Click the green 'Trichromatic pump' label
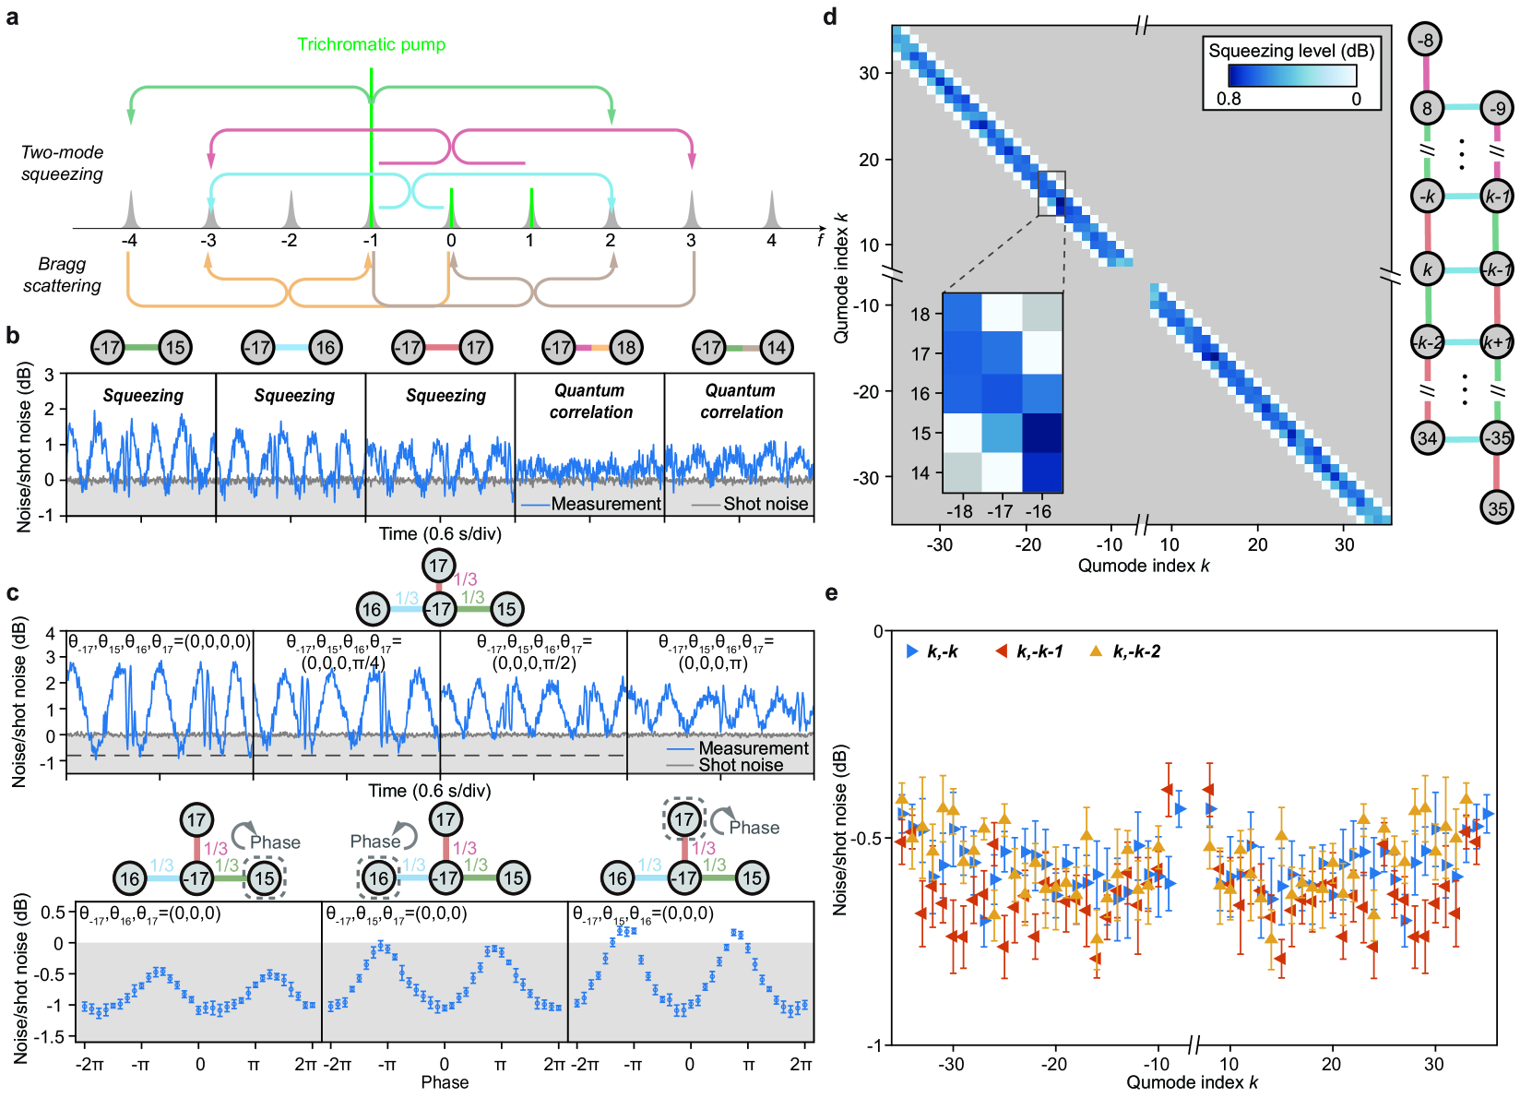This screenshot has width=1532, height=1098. (x=371, y=44)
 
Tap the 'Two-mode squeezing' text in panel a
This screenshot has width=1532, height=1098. (x=62, y=163)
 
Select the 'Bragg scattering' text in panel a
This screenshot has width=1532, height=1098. (x=62, y=275)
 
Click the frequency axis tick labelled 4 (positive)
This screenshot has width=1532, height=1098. (x=771, y=241)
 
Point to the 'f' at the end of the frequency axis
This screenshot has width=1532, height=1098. (x=820, y=240)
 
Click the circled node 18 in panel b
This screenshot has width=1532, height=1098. (x=626, y=348)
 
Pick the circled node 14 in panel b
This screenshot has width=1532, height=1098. (x=777, y=348)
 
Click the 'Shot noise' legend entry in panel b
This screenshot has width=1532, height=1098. (x=765, y=504)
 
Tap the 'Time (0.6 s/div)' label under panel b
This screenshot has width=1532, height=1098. (x=440, y=533)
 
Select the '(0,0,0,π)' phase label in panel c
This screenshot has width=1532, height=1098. (x=713, y=662)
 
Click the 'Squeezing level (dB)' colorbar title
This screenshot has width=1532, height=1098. (x=1291, y=51)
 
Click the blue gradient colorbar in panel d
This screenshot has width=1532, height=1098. (x=1292, y=75)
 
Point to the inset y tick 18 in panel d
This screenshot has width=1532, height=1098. (x=920, y=314)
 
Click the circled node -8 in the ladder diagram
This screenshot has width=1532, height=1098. (x=1426, y=40)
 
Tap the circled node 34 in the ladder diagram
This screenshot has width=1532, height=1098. (x=1427, y=437)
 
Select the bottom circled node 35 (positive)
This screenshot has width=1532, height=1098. (x=1497, y=507)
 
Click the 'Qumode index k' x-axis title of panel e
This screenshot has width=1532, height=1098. (x=1192, y=1082)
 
